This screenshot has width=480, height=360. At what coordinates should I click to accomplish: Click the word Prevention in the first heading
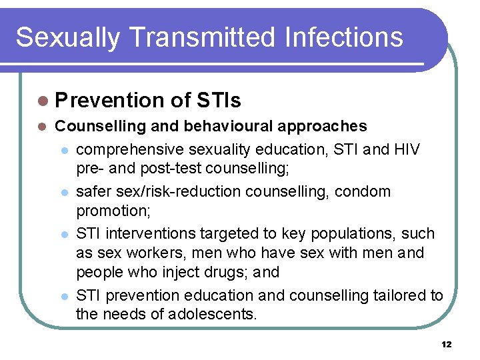tap(110, 101)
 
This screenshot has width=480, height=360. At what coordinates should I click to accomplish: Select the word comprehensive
tap(131, 149)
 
